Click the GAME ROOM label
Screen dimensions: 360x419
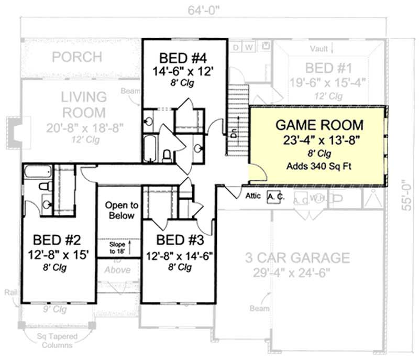319,126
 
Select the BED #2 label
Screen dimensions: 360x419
57,241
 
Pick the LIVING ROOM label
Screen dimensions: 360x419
83,105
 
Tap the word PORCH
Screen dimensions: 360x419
76,57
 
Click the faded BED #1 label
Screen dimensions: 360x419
328,68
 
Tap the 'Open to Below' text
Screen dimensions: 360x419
120,210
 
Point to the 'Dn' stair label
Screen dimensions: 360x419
234,134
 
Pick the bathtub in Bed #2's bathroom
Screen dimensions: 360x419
37,171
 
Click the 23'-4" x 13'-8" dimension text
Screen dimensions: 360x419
319,140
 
